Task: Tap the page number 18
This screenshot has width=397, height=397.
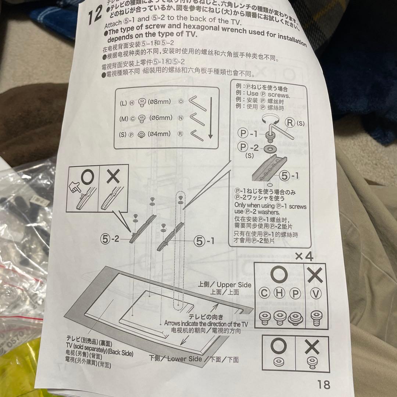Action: (x=323, y=385)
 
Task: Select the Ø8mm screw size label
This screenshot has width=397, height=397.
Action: (x=159, y=102)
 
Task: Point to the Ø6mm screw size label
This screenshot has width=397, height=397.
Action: (x=160, y=118)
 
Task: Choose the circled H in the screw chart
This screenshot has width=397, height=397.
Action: (x=279, y=293)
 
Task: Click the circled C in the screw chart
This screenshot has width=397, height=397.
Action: (x=264, y=293)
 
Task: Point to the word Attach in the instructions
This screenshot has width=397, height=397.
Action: (x=115, y=25)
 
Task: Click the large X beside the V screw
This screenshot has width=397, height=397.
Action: (x=315, y=275)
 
